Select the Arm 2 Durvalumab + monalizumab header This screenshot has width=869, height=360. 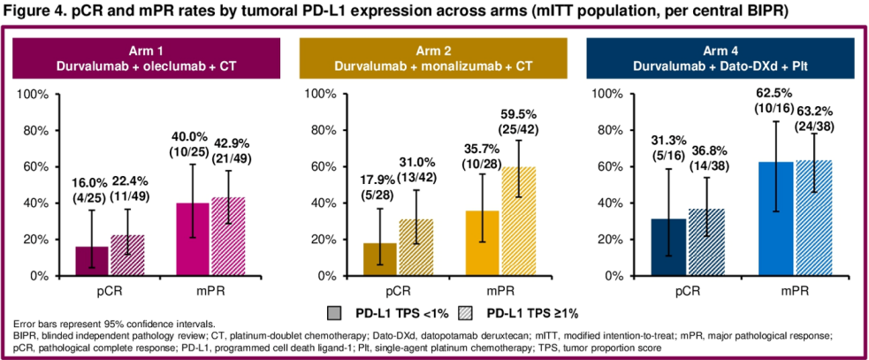pos(437,58)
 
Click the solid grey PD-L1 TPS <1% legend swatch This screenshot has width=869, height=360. pos(334,311)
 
